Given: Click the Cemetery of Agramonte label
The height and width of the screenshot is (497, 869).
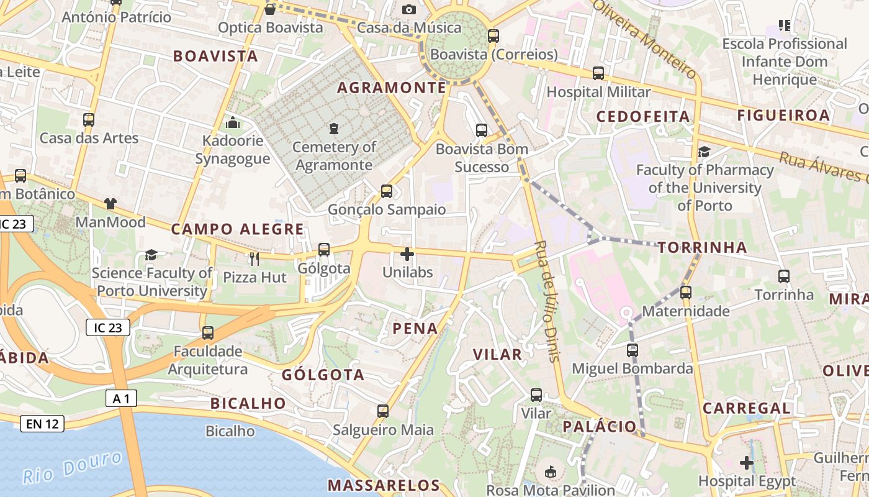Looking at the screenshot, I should click(x=334, y=156).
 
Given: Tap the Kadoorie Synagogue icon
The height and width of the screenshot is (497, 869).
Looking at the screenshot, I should click(x=233, y=122).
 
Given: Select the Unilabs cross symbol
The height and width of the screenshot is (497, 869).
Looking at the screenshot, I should click(x=407, y=254).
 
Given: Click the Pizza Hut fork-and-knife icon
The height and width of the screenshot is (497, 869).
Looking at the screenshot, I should click(x=254, y=258).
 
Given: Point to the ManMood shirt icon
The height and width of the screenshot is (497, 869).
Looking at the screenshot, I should click(x=110, y=203).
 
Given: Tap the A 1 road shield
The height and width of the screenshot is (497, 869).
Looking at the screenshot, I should click(x=120, y=398).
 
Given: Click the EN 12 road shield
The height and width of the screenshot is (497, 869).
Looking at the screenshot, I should click(x=42, y=424).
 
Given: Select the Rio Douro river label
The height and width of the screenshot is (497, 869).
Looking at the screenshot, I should click(x=73, y=467).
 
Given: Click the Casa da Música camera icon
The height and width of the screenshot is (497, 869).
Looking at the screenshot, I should click(x=408, y=9).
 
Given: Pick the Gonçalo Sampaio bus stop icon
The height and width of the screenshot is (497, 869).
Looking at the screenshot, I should click(x=387, y=191).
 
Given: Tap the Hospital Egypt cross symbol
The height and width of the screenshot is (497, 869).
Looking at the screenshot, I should click(x=747, y=463).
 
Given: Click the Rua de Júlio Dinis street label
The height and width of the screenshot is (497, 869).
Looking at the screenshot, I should click(x=547, y=301).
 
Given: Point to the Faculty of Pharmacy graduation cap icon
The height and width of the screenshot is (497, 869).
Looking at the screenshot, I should click(x=704, y=152).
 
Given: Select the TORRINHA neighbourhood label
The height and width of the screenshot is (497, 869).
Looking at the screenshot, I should click(x=702, y=247).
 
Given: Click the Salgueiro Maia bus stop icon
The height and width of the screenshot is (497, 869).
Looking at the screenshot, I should click(x=383, y=411).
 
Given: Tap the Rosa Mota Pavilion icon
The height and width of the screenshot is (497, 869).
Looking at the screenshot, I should click(x=550, y=472).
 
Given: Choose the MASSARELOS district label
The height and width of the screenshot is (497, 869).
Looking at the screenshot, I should click(x=384, y=485).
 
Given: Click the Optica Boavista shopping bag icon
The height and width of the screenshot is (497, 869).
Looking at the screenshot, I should click(x=270, y=9).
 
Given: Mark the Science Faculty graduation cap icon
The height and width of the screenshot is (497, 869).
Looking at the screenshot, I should click(x=151, y=255).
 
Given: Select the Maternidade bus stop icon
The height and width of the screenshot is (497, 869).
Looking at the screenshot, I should click(x=686, y=292).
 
